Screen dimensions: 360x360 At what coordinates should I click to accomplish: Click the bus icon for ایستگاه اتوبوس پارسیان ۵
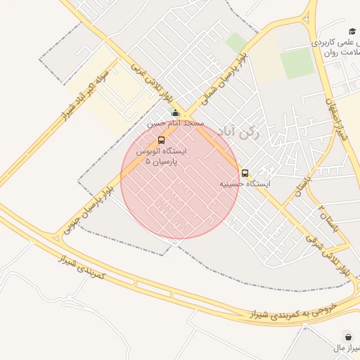pyautogui.click(x=162, y=140)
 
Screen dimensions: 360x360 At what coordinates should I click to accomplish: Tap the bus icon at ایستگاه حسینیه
pyautogui.click(x=245, y=173)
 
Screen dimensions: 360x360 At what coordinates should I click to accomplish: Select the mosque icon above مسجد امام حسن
pyautogui.click(x=175, y=113)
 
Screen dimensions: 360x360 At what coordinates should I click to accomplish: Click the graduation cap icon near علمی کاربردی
pyautogui.click(x=352, y=31)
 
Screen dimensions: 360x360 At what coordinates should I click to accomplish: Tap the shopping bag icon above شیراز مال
pyautogui.click(x=347, y=336)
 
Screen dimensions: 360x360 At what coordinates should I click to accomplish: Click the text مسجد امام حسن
pyautogui.click(x=175, y=123)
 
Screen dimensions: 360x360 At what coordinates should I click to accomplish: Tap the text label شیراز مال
pyautogui.click(x=345, y=348)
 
